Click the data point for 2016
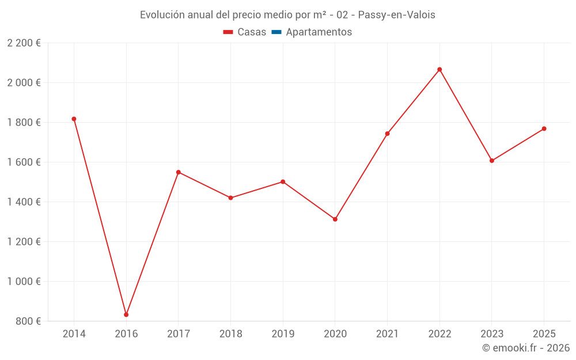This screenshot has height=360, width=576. [126, 315]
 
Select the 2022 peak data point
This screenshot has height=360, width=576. [439, 70]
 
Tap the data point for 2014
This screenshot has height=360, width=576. [74, 119]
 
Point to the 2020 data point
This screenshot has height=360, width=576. [335, 219]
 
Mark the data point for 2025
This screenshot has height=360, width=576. [544, 128]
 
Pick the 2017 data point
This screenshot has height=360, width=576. [178, 172]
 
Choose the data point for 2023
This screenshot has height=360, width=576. [492, 161]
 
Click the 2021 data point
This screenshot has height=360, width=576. [387, 134]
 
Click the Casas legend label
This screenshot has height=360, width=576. [252, 32]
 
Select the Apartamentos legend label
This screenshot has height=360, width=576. [319, 32]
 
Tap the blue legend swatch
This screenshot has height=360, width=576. [276, 32]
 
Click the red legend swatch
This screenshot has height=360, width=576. [228, 32]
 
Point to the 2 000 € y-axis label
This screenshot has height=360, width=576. [24, 82]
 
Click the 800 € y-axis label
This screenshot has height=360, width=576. [28, 321]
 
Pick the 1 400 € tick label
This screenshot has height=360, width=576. [24, 202]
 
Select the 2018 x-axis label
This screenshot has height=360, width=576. [231, 334]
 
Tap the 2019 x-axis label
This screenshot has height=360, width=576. [283, 334]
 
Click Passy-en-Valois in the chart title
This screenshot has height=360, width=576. [396, 15]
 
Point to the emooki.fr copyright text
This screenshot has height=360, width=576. [526, 347]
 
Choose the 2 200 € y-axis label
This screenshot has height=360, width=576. [24, 43]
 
